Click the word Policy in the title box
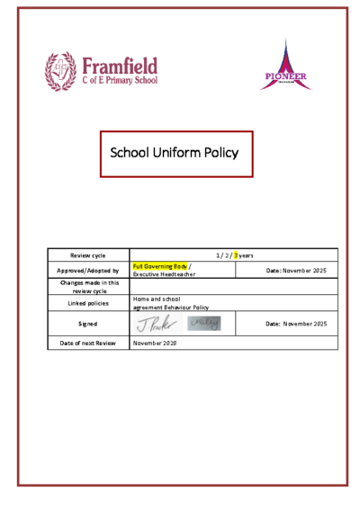(x=220, y=153)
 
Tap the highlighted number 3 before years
(x=237, y=255)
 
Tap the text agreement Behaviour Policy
(x=170, y=308)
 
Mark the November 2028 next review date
(x=155, y=343)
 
